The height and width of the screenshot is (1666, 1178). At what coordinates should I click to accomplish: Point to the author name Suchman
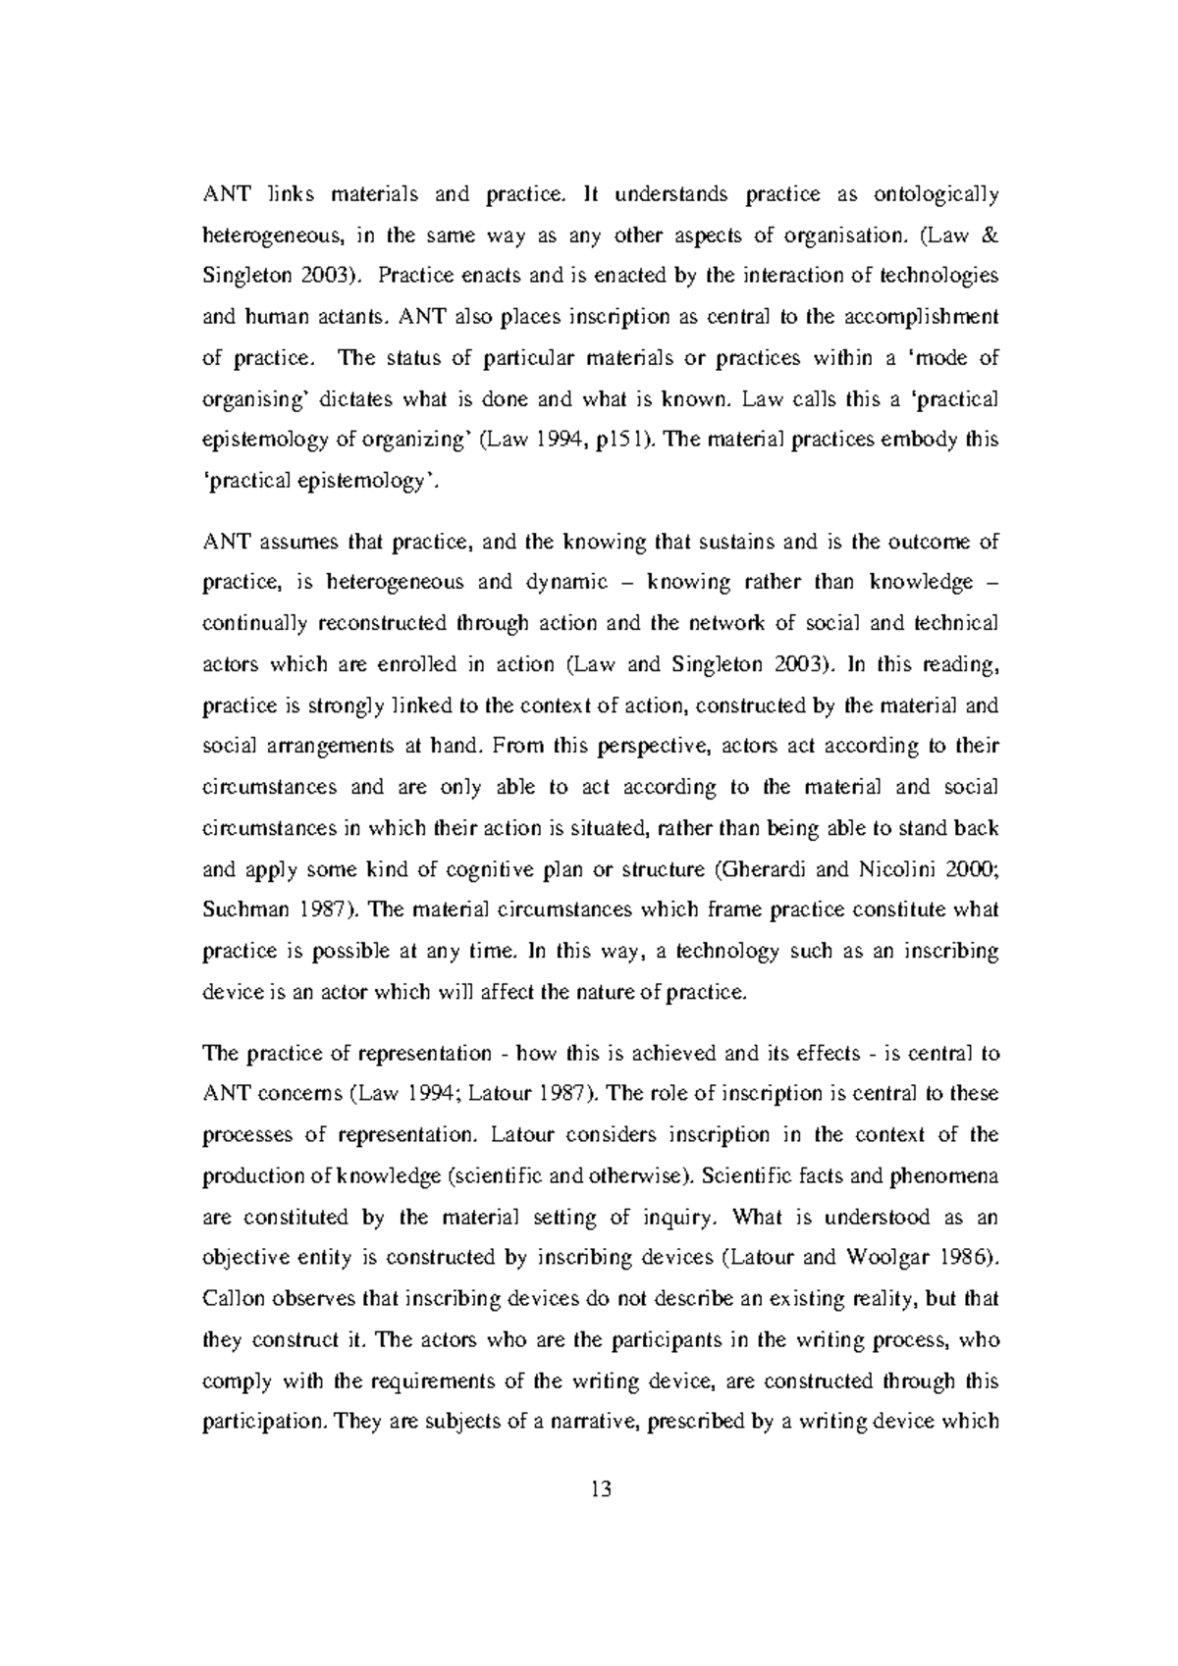242,910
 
